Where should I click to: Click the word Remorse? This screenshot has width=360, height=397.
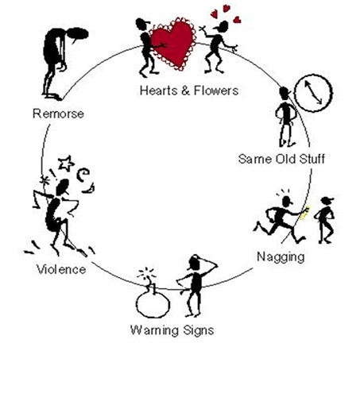coord(58,114)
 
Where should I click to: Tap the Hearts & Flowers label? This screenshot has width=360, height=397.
coord(189,91)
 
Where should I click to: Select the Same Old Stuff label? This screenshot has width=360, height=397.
coord(281,159)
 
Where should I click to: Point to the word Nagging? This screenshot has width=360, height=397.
coord(281,257)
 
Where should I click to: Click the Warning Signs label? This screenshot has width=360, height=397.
coord(172,330)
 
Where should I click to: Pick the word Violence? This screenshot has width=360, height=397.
coord(61,270)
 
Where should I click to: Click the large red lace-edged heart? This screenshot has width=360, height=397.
coord(172,44)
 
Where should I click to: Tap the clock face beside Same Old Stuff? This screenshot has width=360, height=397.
coord(313,93)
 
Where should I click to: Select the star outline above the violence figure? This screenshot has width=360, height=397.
coord(66,164)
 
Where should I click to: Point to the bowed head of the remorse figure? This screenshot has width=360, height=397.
coord(78,34)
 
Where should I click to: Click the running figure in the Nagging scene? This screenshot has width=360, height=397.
coord(280,220)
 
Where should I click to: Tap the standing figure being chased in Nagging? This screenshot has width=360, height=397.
coord(324,220)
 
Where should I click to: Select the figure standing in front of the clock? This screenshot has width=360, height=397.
coord(286,117)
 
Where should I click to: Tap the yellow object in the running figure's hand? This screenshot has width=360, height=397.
coord(304,213)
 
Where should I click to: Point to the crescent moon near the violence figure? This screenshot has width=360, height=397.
coord(89,188)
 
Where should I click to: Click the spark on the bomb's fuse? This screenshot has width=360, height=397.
coord(146,274)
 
